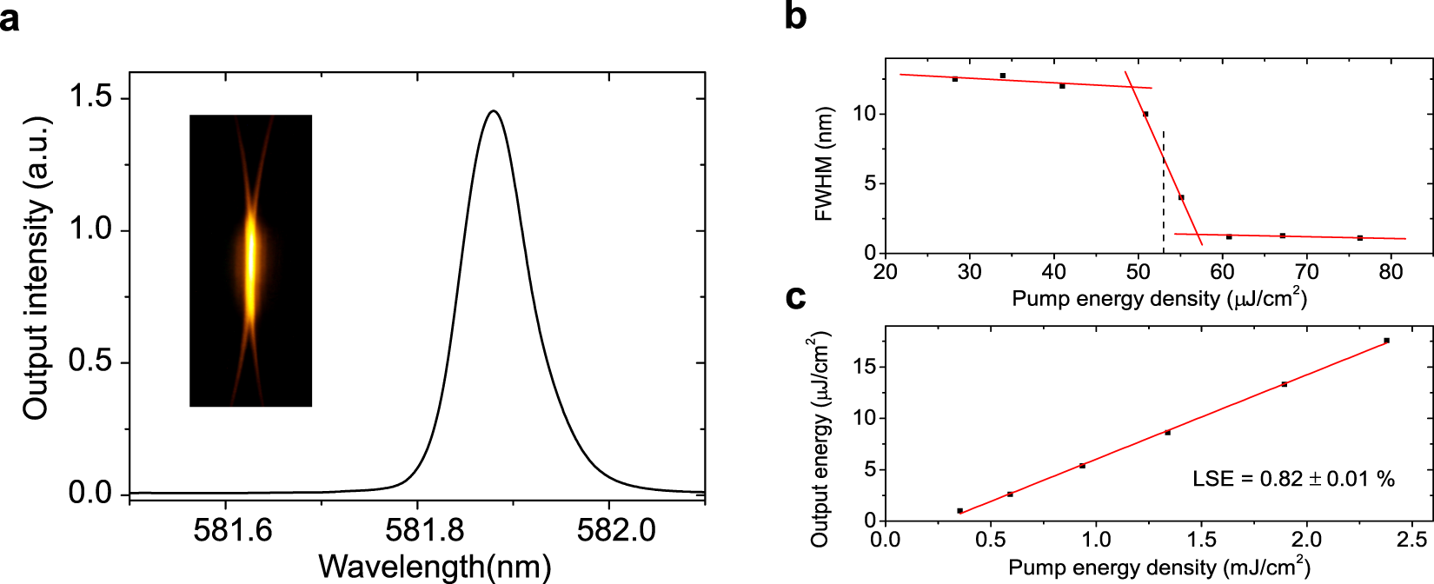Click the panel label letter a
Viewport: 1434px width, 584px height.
10,17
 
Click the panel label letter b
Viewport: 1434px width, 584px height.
795,16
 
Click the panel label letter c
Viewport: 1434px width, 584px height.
794,297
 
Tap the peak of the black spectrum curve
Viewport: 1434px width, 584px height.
494,111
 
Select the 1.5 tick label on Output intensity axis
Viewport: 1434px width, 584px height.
90,96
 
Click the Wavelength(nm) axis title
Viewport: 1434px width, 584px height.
435,567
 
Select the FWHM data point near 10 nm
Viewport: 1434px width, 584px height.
1145,114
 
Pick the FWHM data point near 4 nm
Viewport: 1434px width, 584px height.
1181,197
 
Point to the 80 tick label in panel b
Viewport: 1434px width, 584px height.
1391,272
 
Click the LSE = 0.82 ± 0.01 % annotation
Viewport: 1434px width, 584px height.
1292,479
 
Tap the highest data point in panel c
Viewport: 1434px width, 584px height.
1386,341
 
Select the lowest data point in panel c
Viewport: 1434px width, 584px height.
959,511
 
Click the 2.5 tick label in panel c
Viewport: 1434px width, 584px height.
1412,540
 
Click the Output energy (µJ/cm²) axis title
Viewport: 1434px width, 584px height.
820,439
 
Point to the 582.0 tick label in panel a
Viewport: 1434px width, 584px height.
615,529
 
